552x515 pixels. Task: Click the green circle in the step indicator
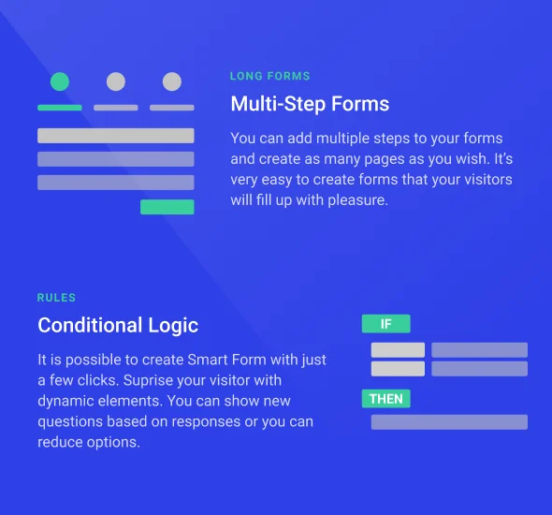click(59, 81)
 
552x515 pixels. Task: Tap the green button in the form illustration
click(167, 207)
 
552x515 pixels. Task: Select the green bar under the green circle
click(59, 108)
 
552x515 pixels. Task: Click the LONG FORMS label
click(269, 77)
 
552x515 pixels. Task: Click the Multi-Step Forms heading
click(310, 103)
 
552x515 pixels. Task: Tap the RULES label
click(56, 298)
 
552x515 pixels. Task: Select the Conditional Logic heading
click(118, 325)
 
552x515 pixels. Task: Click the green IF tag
click(385, 324)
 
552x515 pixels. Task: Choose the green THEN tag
click(385, 399)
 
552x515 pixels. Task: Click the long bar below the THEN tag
click(449, 422)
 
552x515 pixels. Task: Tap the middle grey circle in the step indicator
click(115, 81)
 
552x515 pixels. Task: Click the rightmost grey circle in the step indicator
click(171, 81)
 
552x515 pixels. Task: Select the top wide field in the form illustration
click(115, 136)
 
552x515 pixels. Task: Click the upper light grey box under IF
click(398, 350)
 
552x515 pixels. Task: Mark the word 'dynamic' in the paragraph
click(65, 402)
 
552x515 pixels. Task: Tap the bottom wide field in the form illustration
click(115, 183)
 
